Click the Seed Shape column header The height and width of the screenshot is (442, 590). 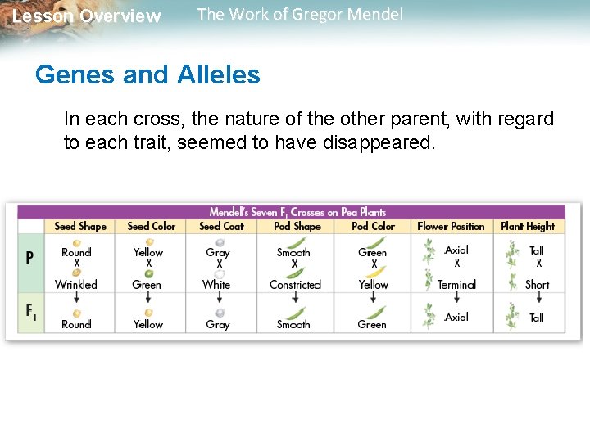(x=80, y=226)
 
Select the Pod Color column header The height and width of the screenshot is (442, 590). (x=373, y=226)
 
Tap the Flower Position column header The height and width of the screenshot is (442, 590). (x=451, y=226)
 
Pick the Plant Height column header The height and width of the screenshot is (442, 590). (x=528, y=226)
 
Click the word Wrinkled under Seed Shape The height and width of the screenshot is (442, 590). (x=76, y=285)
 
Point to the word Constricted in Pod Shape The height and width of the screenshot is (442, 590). (x=295, y=285)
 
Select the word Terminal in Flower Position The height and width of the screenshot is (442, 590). (x=456, y=285)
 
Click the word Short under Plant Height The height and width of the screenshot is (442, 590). (x=537, y=285)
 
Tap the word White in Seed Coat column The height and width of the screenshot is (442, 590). (x=216, y=285)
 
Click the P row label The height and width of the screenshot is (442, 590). (x=29, y=257)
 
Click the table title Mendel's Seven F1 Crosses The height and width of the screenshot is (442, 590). (x=297, y=212)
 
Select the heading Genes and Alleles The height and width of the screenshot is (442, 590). (x=147, y=75)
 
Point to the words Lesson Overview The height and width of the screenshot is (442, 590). (x=87, y=16)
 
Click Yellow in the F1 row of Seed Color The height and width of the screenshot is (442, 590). (x=148, y=324)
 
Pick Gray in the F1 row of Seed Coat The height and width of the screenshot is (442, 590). (x=218, y=324)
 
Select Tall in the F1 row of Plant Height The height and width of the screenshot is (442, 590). (x=537, y=318)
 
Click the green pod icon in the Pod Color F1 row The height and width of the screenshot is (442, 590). (x=374, y=312)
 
